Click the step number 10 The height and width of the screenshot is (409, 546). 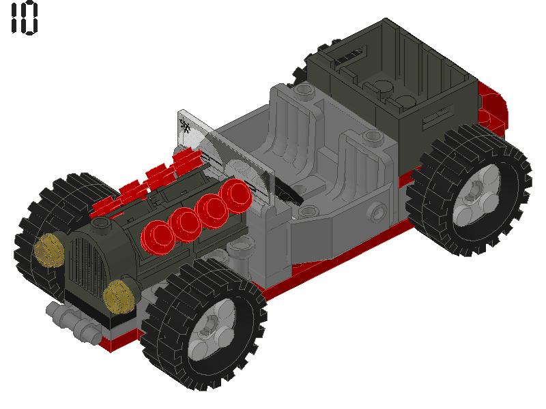[24, 19]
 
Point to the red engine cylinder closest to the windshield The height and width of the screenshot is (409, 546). [238, 197]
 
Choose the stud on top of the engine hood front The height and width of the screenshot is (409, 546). [104, 225]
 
